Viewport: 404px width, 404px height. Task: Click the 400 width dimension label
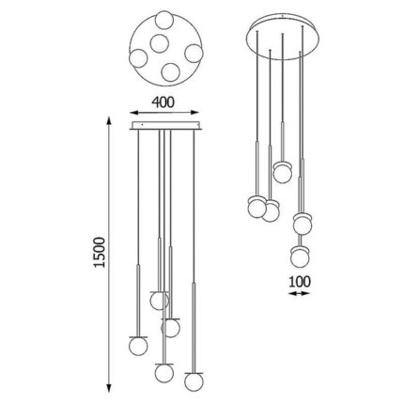click(163, 102)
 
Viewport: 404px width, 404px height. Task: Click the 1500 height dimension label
click(100, 252)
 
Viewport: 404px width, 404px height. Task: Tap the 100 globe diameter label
click(300, 282)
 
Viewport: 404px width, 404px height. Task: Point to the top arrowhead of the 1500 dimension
click(109, 121)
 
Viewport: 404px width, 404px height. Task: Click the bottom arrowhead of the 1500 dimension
click(109, 388)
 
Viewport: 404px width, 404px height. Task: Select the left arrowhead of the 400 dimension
click(134, 113)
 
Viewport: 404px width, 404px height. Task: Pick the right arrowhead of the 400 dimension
click(194, 113)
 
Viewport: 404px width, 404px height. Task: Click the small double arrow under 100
click(299, 293)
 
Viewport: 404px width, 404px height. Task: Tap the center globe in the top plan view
click(160, 43)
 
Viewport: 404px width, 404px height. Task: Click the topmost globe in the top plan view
click(164, 20)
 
